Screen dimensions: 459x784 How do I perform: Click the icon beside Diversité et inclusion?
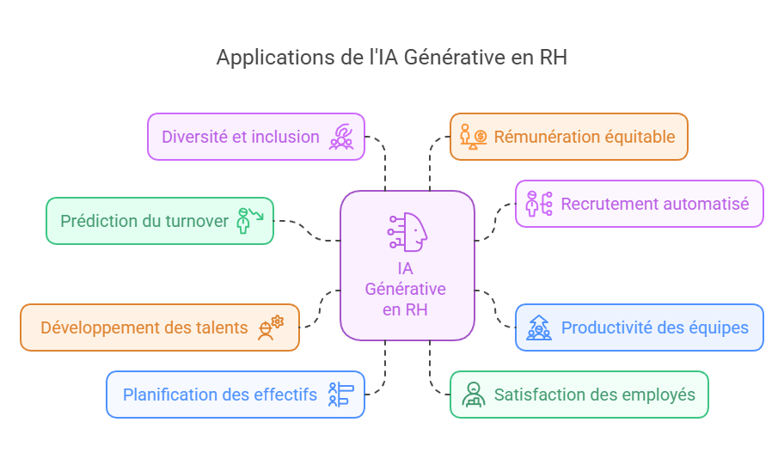[x=342, y=137]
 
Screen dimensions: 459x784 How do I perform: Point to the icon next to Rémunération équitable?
[x=474, y=137]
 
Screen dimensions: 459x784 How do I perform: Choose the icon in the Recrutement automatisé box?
[x=538, y=204]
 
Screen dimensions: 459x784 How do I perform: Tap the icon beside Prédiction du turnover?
[x=250, y=220]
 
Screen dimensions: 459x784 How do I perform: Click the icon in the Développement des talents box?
[x=271, y=327]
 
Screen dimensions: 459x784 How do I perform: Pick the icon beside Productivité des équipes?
[x=538, y=327]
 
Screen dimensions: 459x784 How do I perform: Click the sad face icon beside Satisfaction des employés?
[x=473, y=395]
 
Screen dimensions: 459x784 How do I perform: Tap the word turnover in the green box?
[x=198, y=221]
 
